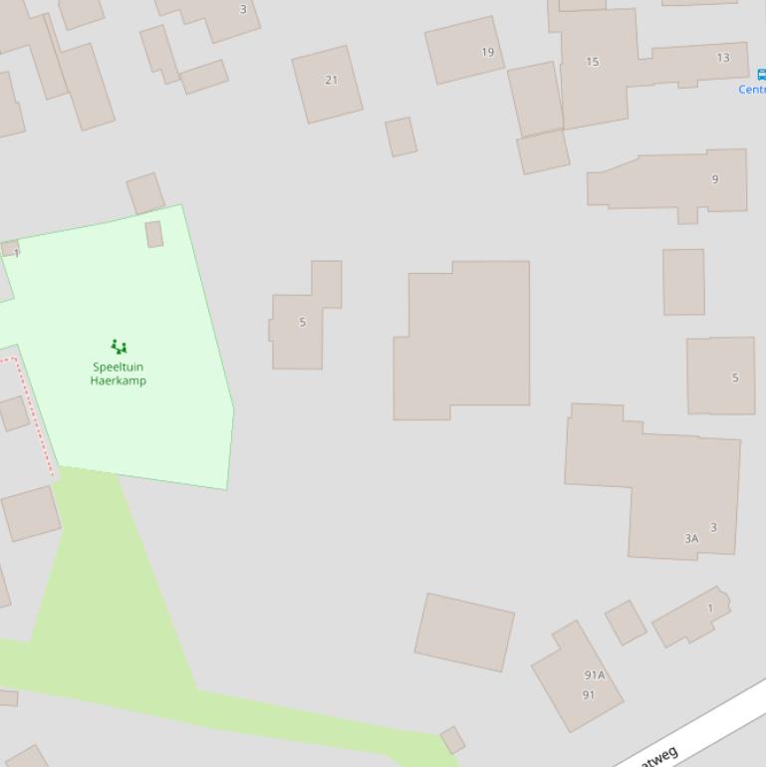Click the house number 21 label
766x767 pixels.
pos(331,80)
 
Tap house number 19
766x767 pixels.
pos(487,52)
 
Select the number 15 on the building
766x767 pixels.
pos(593,62)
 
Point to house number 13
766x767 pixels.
pos(723,57)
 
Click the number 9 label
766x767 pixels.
pos(714,179)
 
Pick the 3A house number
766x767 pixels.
pos(691,538)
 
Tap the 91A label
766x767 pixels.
pos(594,675)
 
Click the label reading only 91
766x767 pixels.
pos(588,695)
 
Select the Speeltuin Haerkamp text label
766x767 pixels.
pos(118,374)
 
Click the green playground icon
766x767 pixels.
pos(119,347)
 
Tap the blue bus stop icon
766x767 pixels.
pos(761,75)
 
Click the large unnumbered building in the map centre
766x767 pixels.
pos(463,339)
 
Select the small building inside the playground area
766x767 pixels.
pos(154,234)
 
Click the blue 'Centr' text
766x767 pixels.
pos(751,90)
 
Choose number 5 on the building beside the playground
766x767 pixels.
pos(303,322)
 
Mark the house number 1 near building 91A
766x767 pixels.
pos(710,608)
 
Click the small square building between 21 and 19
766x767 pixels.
pos(400,136)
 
